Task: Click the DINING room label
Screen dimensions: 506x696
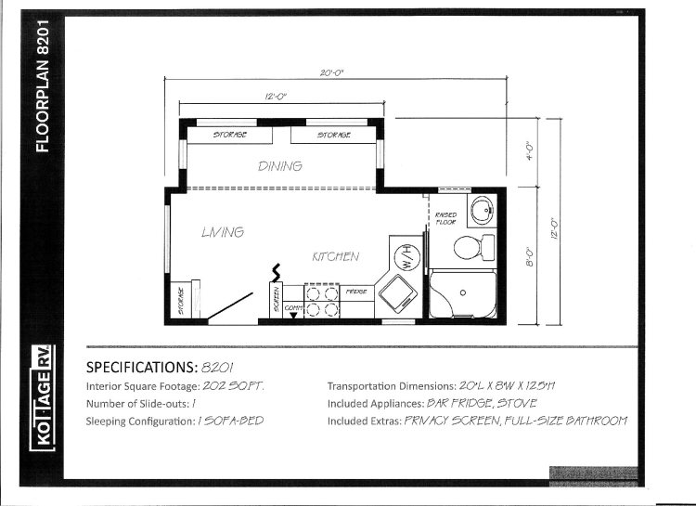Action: click(x=280, y=166)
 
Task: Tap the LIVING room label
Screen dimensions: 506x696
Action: click(x=222, y=231)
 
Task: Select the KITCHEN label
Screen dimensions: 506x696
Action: click(x=335, y=255)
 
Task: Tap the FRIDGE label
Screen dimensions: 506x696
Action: click(x=357, y=291)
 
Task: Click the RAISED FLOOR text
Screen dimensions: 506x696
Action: click(x=445, y=218)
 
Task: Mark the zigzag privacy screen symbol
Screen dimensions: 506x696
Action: click(x=276, y=272)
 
